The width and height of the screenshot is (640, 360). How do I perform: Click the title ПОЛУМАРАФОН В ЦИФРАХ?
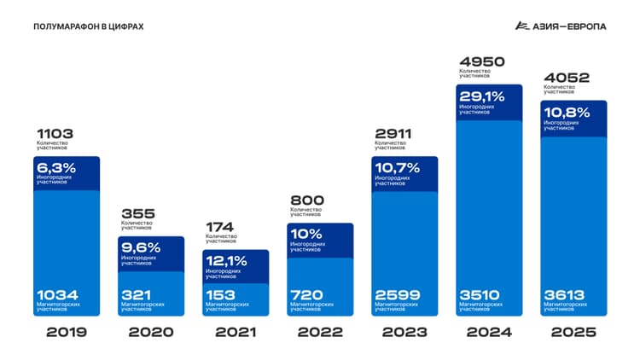point(89,26)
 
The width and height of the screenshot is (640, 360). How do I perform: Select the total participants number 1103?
point(55,134)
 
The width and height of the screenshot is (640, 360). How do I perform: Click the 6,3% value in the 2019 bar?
point(55,168)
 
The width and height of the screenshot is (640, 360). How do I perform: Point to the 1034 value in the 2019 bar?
point(55,294)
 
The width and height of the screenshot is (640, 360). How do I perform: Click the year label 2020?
point(151,332)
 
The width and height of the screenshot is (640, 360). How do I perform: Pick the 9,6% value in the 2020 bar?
point(141,247)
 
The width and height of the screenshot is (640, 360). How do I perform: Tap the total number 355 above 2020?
point(139,213)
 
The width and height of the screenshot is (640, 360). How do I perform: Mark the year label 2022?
point(320,332)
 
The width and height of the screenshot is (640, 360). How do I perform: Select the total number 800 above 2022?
point(308,200)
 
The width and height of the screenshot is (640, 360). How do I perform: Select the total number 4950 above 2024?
point(482,61)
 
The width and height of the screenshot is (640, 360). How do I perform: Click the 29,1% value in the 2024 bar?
point(482,96)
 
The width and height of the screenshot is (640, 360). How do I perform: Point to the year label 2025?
point(574,332)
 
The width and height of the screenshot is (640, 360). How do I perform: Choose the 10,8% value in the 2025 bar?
point(567,113)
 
